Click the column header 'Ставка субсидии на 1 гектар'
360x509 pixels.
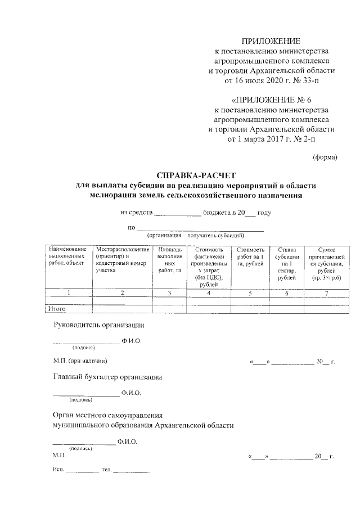[x=286, y=263]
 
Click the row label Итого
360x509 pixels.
[x=57, y=309]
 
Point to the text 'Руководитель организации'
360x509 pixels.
[x=99, y=325]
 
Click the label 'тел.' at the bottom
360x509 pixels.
[x=106, y=469]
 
